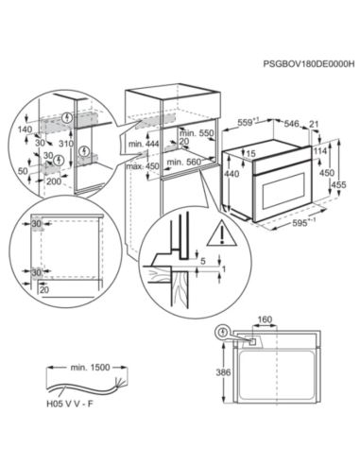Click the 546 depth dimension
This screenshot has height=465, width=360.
click(x=293, y=124)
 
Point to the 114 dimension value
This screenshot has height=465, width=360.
click(x=321, y=150)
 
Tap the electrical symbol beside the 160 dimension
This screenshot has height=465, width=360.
click(x=224, y=331)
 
